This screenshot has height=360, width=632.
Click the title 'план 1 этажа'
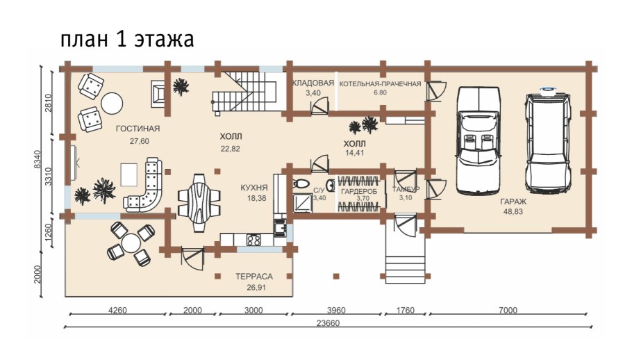(x=126, y=40)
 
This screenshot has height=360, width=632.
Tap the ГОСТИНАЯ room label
(x=138, y=129)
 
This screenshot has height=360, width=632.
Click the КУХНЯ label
(x=254, y=188)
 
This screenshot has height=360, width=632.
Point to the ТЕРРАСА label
(x=253, y=276)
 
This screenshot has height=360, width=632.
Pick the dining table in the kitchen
(x=199, y=199)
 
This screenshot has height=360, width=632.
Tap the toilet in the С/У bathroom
(x=301, y=184)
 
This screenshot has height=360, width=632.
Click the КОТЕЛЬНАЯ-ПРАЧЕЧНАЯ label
(x=380, y=83)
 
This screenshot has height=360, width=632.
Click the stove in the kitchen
(x=253, y=240)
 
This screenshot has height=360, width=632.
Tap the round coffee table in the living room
(x=111, y=103)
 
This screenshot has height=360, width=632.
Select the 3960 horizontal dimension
(x=337, y=310)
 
